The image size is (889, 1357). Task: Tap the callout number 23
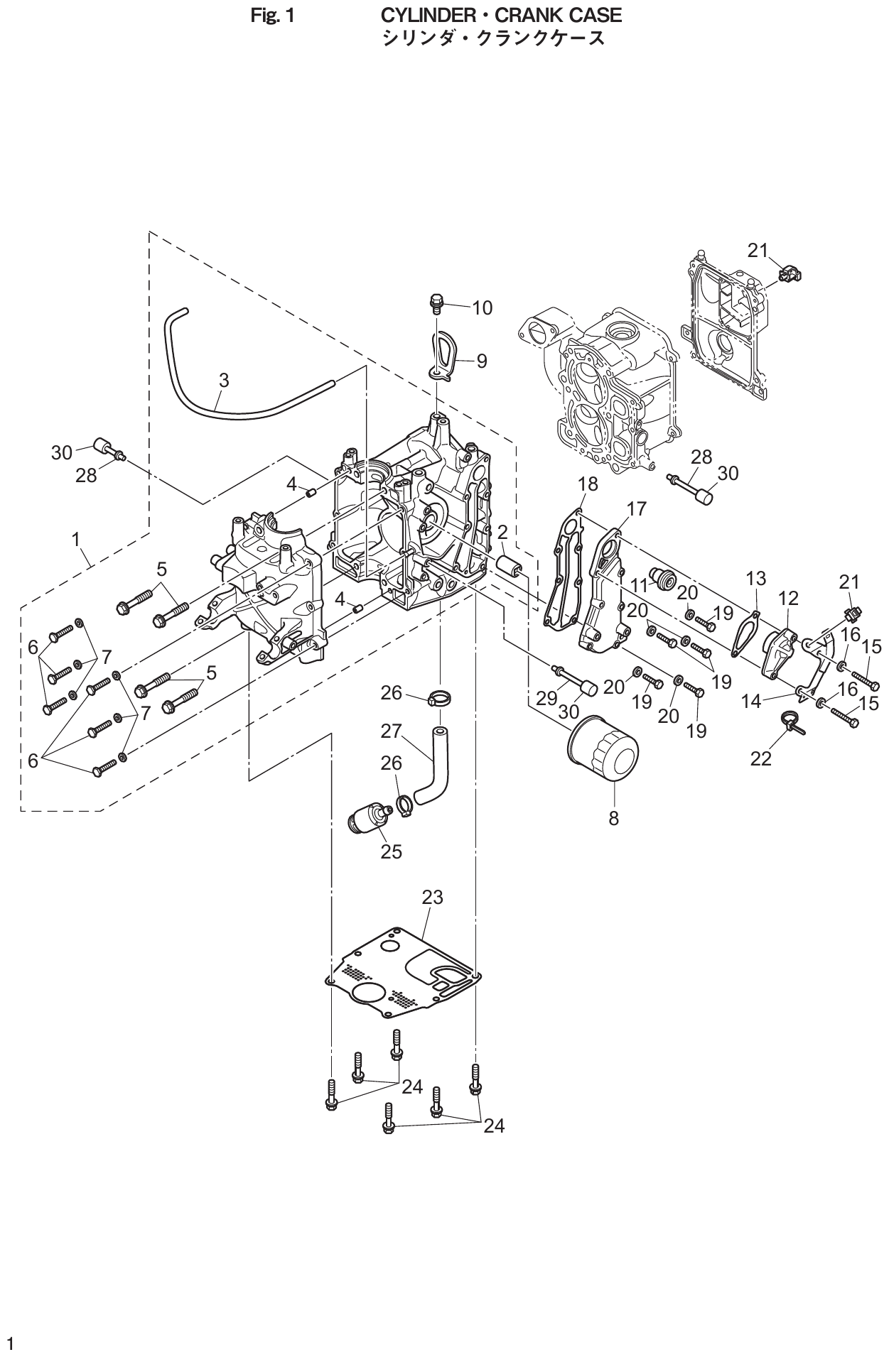coord(432,898)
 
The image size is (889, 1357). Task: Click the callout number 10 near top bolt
coord(482,307)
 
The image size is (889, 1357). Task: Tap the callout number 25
coord(391,851)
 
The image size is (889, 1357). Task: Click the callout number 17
coord(637,508)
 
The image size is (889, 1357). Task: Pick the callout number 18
coord(588,484)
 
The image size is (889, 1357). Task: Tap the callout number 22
coord(760,759)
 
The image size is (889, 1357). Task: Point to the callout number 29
coord(546,698)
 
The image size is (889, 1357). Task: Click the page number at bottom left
coord(10,1342)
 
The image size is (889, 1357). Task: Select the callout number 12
coord(789,598)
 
